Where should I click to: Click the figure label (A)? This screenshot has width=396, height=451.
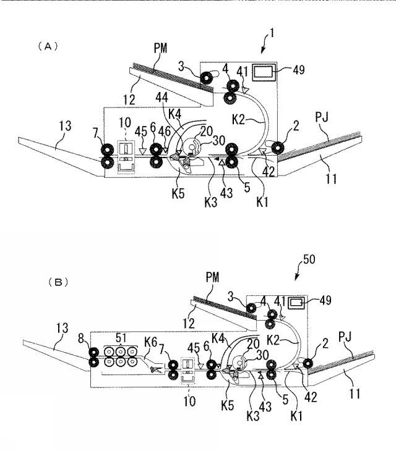point(48,46)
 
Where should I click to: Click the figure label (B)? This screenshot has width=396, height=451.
point(58,282)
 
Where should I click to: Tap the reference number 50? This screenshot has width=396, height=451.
point(309,259)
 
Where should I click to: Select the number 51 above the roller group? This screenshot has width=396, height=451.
point(121,338)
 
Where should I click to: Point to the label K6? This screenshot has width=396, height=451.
point(150,342)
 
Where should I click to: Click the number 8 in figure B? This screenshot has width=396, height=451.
point(81,339)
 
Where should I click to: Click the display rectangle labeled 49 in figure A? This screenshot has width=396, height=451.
point(263,72)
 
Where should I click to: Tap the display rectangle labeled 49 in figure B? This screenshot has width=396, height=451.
point(296,303)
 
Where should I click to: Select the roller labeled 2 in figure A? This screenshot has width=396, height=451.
point(278,148)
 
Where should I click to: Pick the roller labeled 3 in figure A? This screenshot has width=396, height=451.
point(206,78)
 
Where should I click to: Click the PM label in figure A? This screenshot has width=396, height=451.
point(160,48)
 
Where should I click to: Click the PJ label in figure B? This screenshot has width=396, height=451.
point(346,336)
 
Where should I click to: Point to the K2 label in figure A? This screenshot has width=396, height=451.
point(238,119)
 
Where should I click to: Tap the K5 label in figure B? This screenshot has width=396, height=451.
point(227,405)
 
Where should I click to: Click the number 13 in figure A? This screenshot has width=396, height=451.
point(66,126)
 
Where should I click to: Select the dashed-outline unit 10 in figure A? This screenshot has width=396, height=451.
point(126,157)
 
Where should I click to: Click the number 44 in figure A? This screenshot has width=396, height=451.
point(162,98)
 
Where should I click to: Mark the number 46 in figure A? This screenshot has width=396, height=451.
point(165,132)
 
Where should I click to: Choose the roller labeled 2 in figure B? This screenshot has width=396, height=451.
point(308,363)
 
